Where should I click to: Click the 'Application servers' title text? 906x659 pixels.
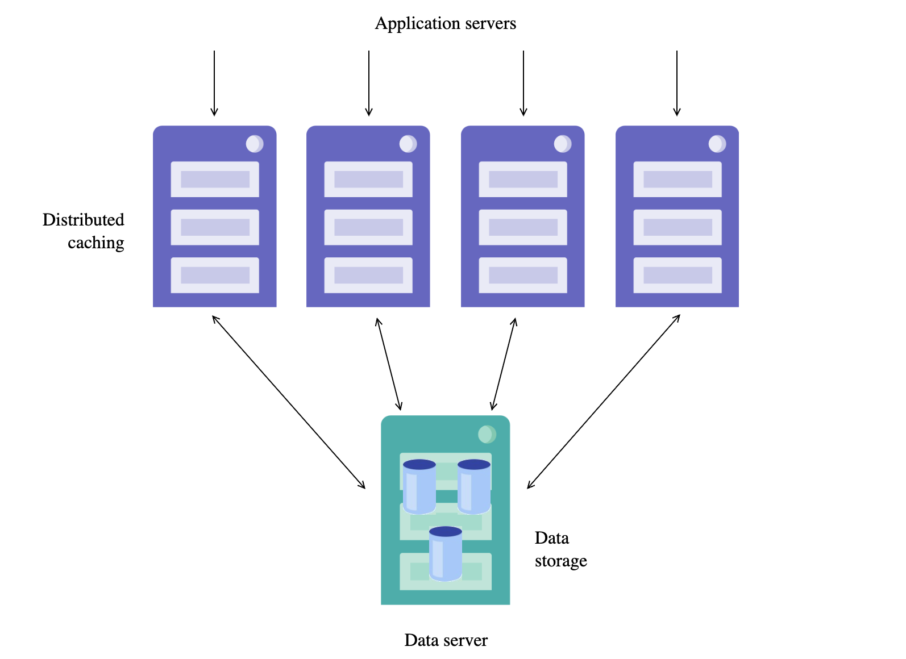click(446, 23)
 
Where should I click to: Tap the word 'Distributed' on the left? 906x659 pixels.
click(83, 220)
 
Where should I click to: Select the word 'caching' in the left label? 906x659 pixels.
click(95, 243)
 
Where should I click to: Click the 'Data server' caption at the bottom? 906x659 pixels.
click(446, 640)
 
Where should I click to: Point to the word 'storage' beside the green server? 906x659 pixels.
click(560, 561)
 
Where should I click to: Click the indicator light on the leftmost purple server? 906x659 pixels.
click(254, 144)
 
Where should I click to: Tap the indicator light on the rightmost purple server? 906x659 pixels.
click(717, 144)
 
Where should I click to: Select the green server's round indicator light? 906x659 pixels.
click(487, 435)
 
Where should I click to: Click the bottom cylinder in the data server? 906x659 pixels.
click(446, 553)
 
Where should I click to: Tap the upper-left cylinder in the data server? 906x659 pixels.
click(419, 486)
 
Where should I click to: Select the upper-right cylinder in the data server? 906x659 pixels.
click(473, 486)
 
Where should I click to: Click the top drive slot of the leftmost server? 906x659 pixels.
click(215, 180)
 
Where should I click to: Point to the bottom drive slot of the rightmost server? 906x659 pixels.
click(678, 276)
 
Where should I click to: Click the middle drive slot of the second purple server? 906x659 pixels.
click(368, 227)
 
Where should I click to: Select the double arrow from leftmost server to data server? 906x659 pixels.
click(289, 402)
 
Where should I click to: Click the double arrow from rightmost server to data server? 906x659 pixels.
click(604, 402)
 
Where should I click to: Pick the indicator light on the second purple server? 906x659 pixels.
click(408, 144)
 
